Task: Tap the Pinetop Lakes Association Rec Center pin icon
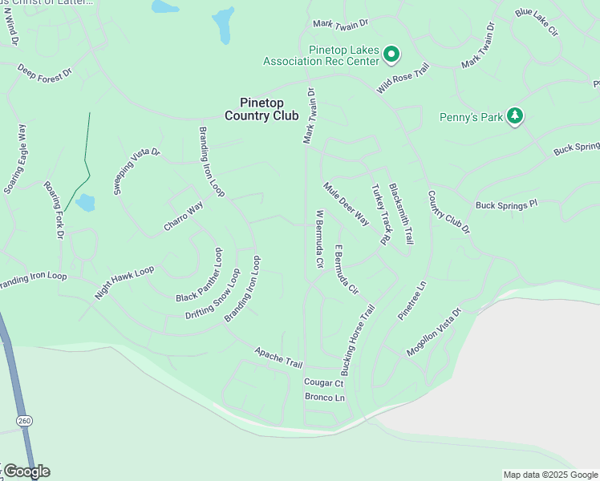pyautogui.click(x=391, y=55)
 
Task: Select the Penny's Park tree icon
pyautogui.click(x=514, y=117)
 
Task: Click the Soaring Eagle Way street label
pyautogui.click(x=16, y=159)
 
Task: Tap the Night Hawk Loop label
pyautogui.click(x=124, y=282)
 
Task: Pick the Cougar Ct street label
pyautogui.click(x=323, y=383)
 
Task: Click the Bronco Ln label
pyautogui.click(x=324, y=398)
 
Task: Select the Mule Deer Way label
pyautogui.click(x=346, y=204)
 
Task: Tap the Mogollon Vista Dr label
pyautogui.click(x=434, y=332)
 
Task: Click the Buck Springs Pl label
pyautogui.click(x=505, y=205)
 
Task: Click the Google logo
pyautogui.click(x=26, y=471)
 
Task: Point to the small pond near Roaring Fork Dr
pyautogui.click(x=85, y=202)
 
